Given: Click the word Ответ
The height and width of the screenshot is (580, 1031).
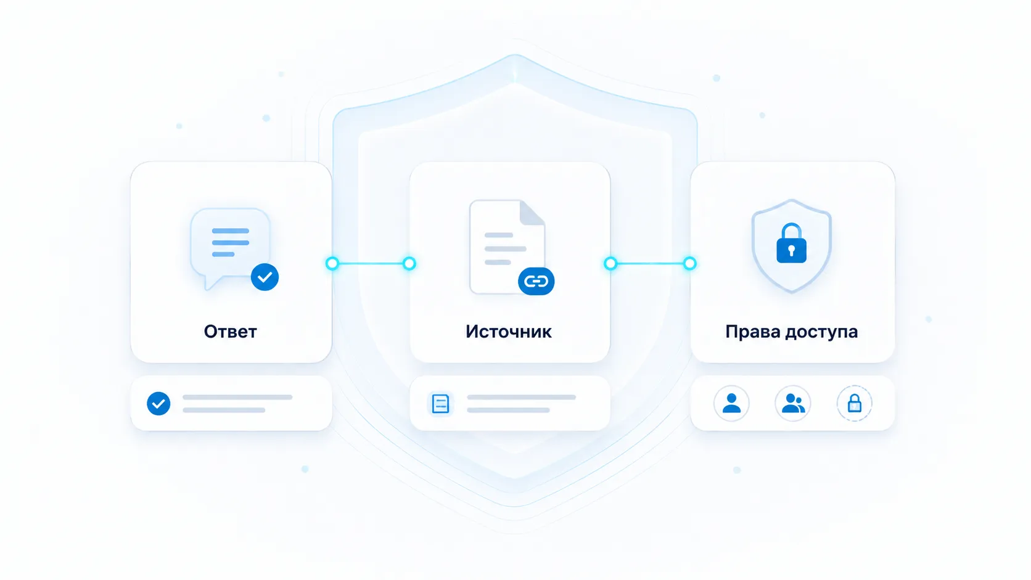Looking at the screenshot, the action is pos(230,331).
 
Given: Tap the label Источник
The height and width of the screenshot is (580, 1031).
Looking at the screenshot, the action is pos(509,331).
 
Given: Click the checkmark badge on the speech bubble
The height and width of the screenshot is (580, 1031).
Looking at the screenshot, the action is pos(265,277).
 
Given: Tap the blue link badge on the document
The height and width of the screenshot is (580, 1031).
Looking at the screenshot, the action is pos(536,281).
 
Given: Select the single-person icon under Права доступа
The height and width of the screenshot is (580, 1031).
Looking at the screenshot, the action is pos(731,403).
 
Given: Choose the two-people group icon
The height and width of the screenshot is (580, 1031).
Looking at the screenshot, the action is pos(792,403).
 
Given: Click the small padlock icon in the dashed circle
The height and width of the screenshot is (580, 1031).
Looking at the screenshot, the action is pos(854,403).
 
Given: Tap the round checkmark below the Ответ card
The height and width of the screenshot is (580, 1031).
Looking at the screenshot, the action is pos(158,403).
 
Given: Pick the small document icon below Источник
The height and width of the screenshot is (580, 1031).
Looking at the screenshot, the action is pos(440,403).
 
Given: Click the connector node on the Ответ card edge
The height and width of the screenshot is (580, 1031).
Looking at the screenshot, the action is pos(332,264).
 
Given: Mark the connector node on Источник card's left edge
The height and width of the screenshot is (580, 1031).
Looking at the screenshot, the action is pos(409,264).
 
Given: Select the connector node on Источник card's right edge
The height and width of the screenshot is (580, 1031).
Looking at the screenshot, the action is pos(610,264).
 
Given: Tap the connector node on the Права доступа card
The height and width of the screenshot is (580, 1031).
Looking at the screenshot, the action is pos(689,264).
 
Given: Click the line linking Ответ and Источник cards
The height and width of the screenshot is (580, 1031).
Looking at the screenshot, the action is pos(371,264).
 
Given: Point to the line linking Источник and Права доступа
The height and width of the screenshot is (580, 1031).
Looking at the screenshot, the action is pos(650,264).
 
